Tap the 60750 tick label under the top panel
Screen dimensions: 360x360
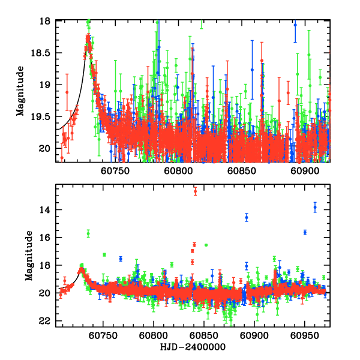click(115, 171)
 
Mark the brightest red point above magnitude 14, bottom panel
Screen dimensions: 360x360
click(195, 191)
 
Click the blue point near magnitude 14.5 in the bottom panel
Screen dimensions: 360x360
click(247, 217)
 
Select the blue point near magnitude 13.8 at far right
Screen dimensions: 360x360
click(315, 207)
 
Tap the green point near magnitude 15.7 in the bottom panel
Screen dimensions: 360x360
click(88, 233)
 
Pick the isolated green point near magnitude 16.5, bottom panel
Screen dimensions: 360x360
click(206, 245)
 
